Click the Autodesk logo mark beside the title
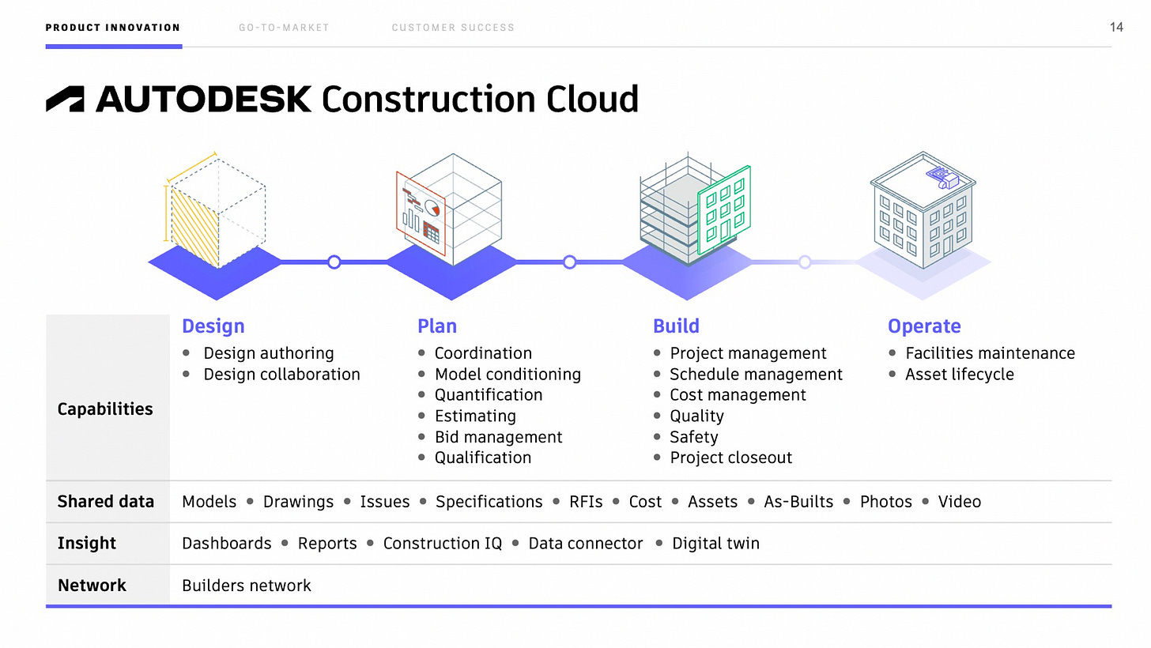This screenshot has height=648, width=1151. tap(65, 99)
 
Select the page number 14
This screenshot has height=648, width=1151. tap(1116, 28)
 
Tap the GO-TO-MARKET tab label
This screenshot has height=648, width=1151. tap(284, 28)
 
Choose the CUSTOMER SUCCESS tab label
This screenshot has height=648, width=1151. tap(453, 28)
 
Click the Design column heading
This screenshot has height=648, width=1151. tap(213, 326)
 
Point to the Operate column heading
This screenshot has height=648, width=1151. tap(924, 326)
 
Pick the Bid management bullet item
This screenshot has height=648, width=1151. tap(498, 437)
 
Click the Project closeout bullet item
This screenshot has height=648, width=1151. tap(730, 458)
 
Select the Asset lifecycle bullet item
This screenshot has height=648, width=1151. tap(959, 375)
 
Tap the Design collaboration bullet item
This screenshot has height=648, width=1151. tap(281, 375)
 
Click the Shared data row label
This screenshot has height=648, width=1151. tap(105, 502)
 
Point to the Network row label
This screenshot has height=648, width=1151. tap(92, 586)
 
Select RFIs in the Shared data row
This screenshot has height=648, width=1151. tap(586, 502)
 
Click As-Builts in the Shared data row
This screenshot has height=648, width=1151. tap(798, 502)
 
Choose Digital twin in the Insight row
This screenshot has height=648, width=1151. tap(715, 544)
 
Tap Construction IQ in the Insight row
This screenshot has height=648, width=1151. tap(442, 544)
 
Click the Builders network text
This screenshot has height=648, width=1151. tap(247, 586)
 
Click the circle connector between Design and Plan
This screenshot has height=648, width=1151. tap(334, 262)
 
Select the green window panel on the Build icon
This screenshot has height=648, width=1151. tap(723, 209)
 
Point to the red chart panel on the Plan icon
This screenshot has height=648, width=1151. tap(420, 213)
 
